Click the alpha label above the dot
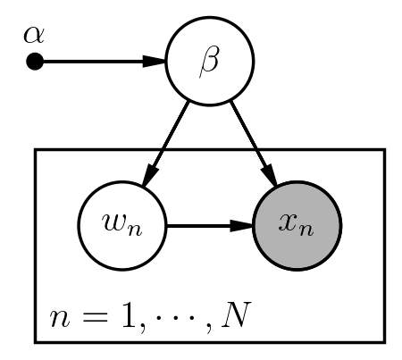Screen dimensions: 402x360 (34, 35)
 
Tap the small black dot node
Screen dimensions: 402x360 (35, 62)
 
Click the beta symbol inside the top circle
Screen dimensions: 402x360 (209, 63)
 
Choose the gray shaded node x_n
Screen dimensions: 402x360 (297, 226)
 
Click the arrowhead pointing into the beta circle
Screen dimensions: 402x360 (155, 62)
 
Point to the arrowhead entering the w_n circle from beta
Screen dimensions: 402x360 (150, 176)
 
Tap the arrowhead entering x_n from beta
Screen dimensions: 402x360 (269, 176)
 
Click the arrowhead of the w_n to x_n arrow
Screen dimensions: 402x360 (241, 226)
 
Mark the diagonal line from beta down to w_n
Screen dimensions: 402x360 (166, 144)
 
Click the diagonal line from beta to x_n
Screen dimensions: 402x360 (254, 144)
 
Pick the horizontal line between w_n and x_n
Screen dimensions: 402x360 (210, 226)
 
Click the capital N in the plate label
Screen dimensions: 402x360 (236, 315)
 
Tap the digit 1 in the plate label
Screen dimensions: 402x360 (130, 315)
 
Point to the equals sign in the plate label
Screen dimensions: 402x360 (96, 317)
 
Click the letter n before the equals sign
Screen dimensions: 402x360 (60, 319)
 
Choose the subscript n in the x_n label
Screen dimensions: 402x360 (306, 231)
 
